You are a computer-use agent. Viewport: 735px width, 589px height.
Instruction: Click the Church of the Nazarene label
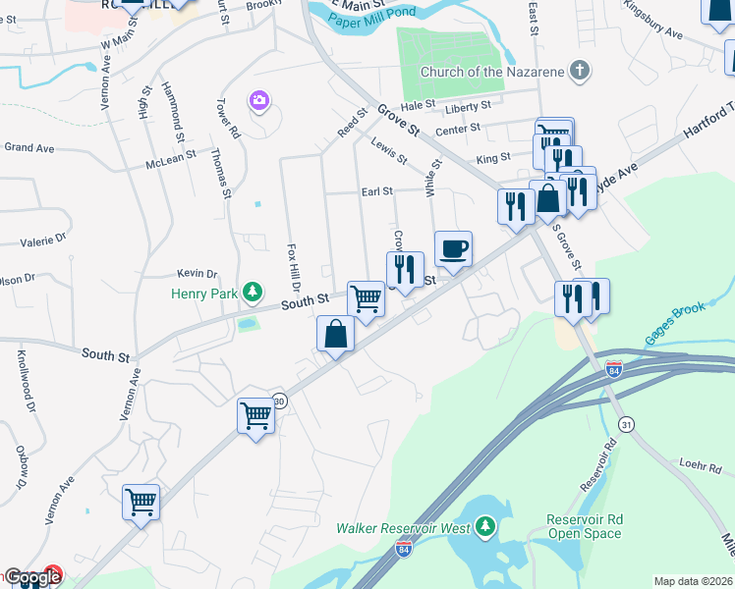[x=491, y=72]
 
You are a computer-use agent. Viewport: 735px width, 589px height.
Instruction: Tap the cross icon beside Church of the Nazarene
[x=582, y=71]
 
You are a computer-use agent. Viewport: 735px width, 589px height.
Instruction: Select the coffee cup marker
[x=453, y=248]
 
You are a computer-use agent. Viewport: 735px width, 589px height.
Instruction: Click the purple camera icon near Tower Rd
[x=259, y=101]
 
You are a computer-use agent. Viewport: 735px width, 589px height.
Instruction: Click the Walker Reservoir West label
[x=403, y=528]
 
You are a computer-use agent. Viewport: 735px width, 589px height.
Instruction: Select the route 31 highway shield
[x=626, y=423]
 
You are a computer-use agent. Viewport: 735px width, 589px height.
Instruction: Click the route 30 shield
[x=279, y=401]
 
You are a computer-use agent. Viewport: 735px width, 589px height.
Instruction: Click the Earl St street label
[x=376, y=191]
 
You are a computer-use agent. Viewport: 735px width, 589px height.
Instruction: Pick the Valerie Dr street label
[x=43, y=238]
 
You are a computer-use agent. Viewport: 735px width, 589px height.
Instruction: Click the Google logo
[x=32, y=577]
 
